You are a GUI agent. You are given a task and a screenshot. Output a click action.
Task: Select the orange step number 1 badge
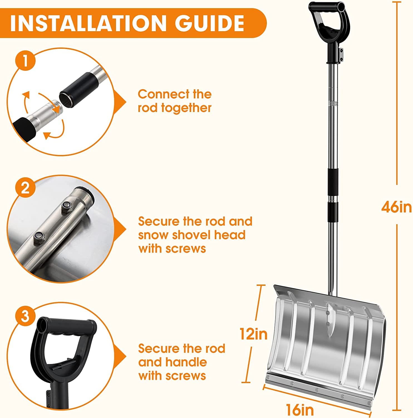tap(25, 61)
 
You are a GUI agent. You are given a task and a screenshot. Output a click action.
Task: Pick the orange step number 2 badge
tap(25, 188)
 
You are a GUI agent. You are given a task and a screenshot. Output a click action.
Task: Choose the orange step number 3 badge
tap(25, 317)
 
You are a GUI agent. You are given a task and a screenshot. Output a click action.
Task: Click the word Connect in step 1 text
tap(161, 94)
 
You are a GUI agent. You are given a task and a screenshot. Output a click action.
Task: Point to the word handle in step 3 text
tap(186, 362)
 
